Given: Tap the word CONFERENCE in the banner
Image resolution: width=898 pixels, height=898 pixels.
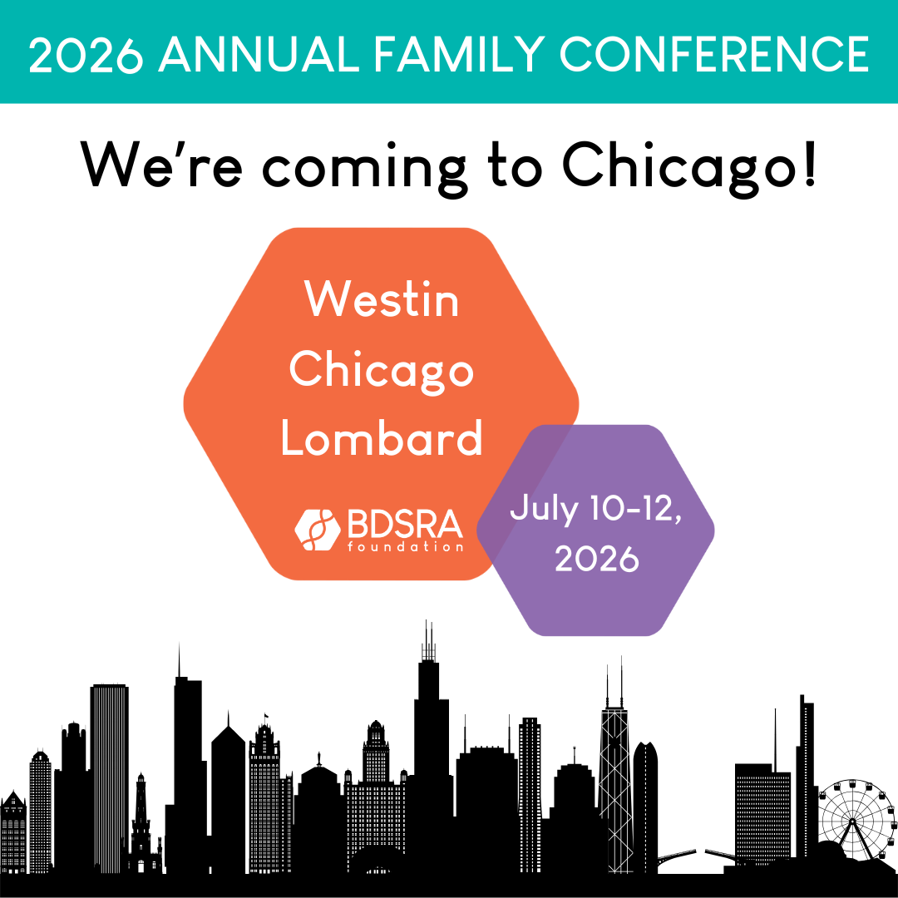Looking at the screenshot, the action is click(714, 54).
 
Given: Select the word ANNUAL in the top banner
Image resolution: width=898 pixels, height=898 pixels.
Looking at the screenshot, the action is click(259, 54).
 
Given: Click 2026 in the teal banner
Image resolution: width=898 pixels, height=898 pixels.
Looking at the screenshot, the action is click(86, 54).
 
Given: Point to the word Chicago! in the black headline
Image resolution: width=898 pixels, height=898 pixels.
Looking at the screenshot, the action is click(689, 166).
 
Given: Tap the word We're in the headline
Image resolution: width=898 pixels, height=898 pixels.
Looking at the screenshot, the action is click(161, 165).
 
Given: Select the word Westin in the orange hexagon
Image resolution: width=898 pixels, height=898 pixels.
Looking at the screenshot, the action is click(382, 299).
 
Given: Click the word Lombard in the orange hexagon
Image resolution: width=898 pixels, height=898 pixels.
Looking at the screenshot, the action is click(382, 437).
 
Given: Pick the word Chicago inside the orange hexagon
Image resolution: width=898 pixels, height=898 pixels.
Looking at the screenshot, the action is click(382, 371).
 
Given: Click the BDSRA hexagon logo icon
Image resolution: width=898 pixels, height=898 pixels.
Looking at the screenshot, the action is click(318, 530).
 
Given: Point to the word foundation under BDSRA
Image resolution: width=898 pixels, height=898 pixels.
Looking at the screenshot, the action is click(405, 546).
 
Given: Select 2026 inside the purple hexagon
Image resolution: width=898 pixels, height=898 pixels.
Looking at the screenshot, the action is click(597, 559).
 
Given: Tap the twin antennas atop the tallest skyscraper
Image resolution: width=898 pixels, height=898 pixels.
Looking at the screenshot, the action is click(428, 640).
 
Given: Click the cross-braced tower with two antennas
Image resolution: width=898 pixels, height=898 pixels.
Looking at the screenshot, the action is click(614, 791).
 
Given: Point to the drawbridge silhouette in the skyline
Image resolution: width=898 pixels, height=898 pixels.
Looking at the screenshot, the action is click(697, 856).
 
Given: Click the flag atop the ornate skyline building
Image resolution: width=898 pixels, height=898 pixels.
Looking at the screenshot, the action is click(265, 718).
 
